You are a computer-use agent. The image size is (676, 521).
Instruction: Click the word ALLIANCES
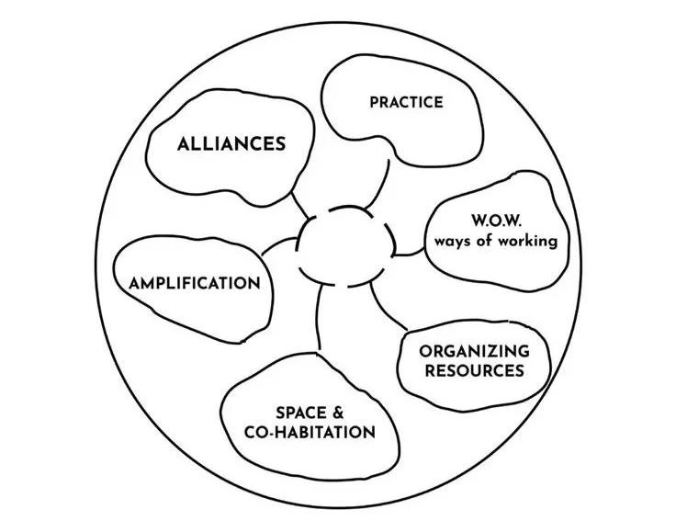[x=231, y=144]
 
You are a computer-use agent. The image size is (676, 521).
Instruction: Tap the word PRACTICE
[x=406, y=102]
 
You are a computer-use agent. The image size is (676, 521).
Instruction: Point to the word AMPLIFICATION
[x=195, y=283]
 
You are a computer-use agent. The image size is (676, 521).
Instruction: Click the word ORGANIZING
[x=474, y=351]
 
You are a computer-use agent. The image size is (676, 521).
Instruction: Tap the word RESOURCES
[x=474, y=371]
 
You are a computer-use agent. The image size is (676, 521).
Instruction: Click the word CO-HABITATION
[x=313, y=432]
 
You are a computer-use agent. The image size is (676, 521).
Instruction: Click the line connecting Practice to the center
[x=384, y=183]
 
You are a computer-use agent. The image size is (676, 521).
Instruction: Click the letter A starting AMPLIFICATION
[x=134, y=283]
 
